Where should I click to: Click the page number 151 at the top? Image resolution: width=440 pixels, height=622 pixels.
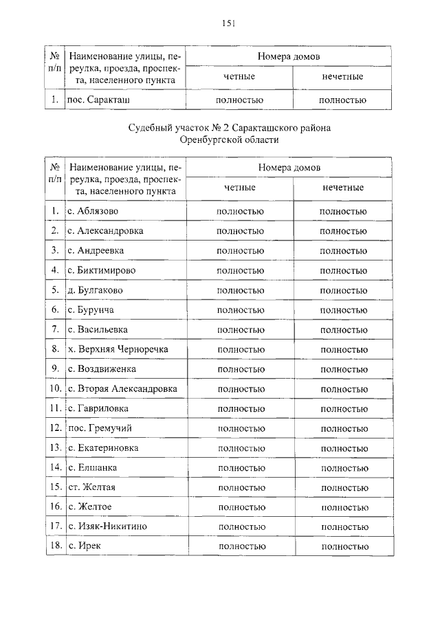(x=229, y=23)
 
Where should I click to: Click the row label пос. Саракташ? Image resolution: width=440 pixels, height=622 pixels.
(x=98, y=100)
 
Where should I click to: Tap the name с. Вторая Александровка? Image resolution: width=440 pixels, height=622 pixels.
(x=122, y=389)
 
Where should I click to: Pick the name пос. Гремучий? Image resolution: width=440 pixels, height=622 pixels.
(x=100, y=428)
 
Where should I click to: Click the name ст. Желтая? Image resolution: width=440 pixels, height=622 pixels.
(x=91, y=487)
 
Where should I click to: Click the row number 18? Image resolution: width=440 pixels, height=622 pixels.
(x=55, y=546)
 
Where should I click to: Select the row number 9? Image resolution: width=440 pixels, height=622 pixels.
(x=55, y=369)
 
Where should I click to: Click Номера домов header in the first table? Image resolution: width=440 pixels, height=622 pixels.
(x=289, y=56)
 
